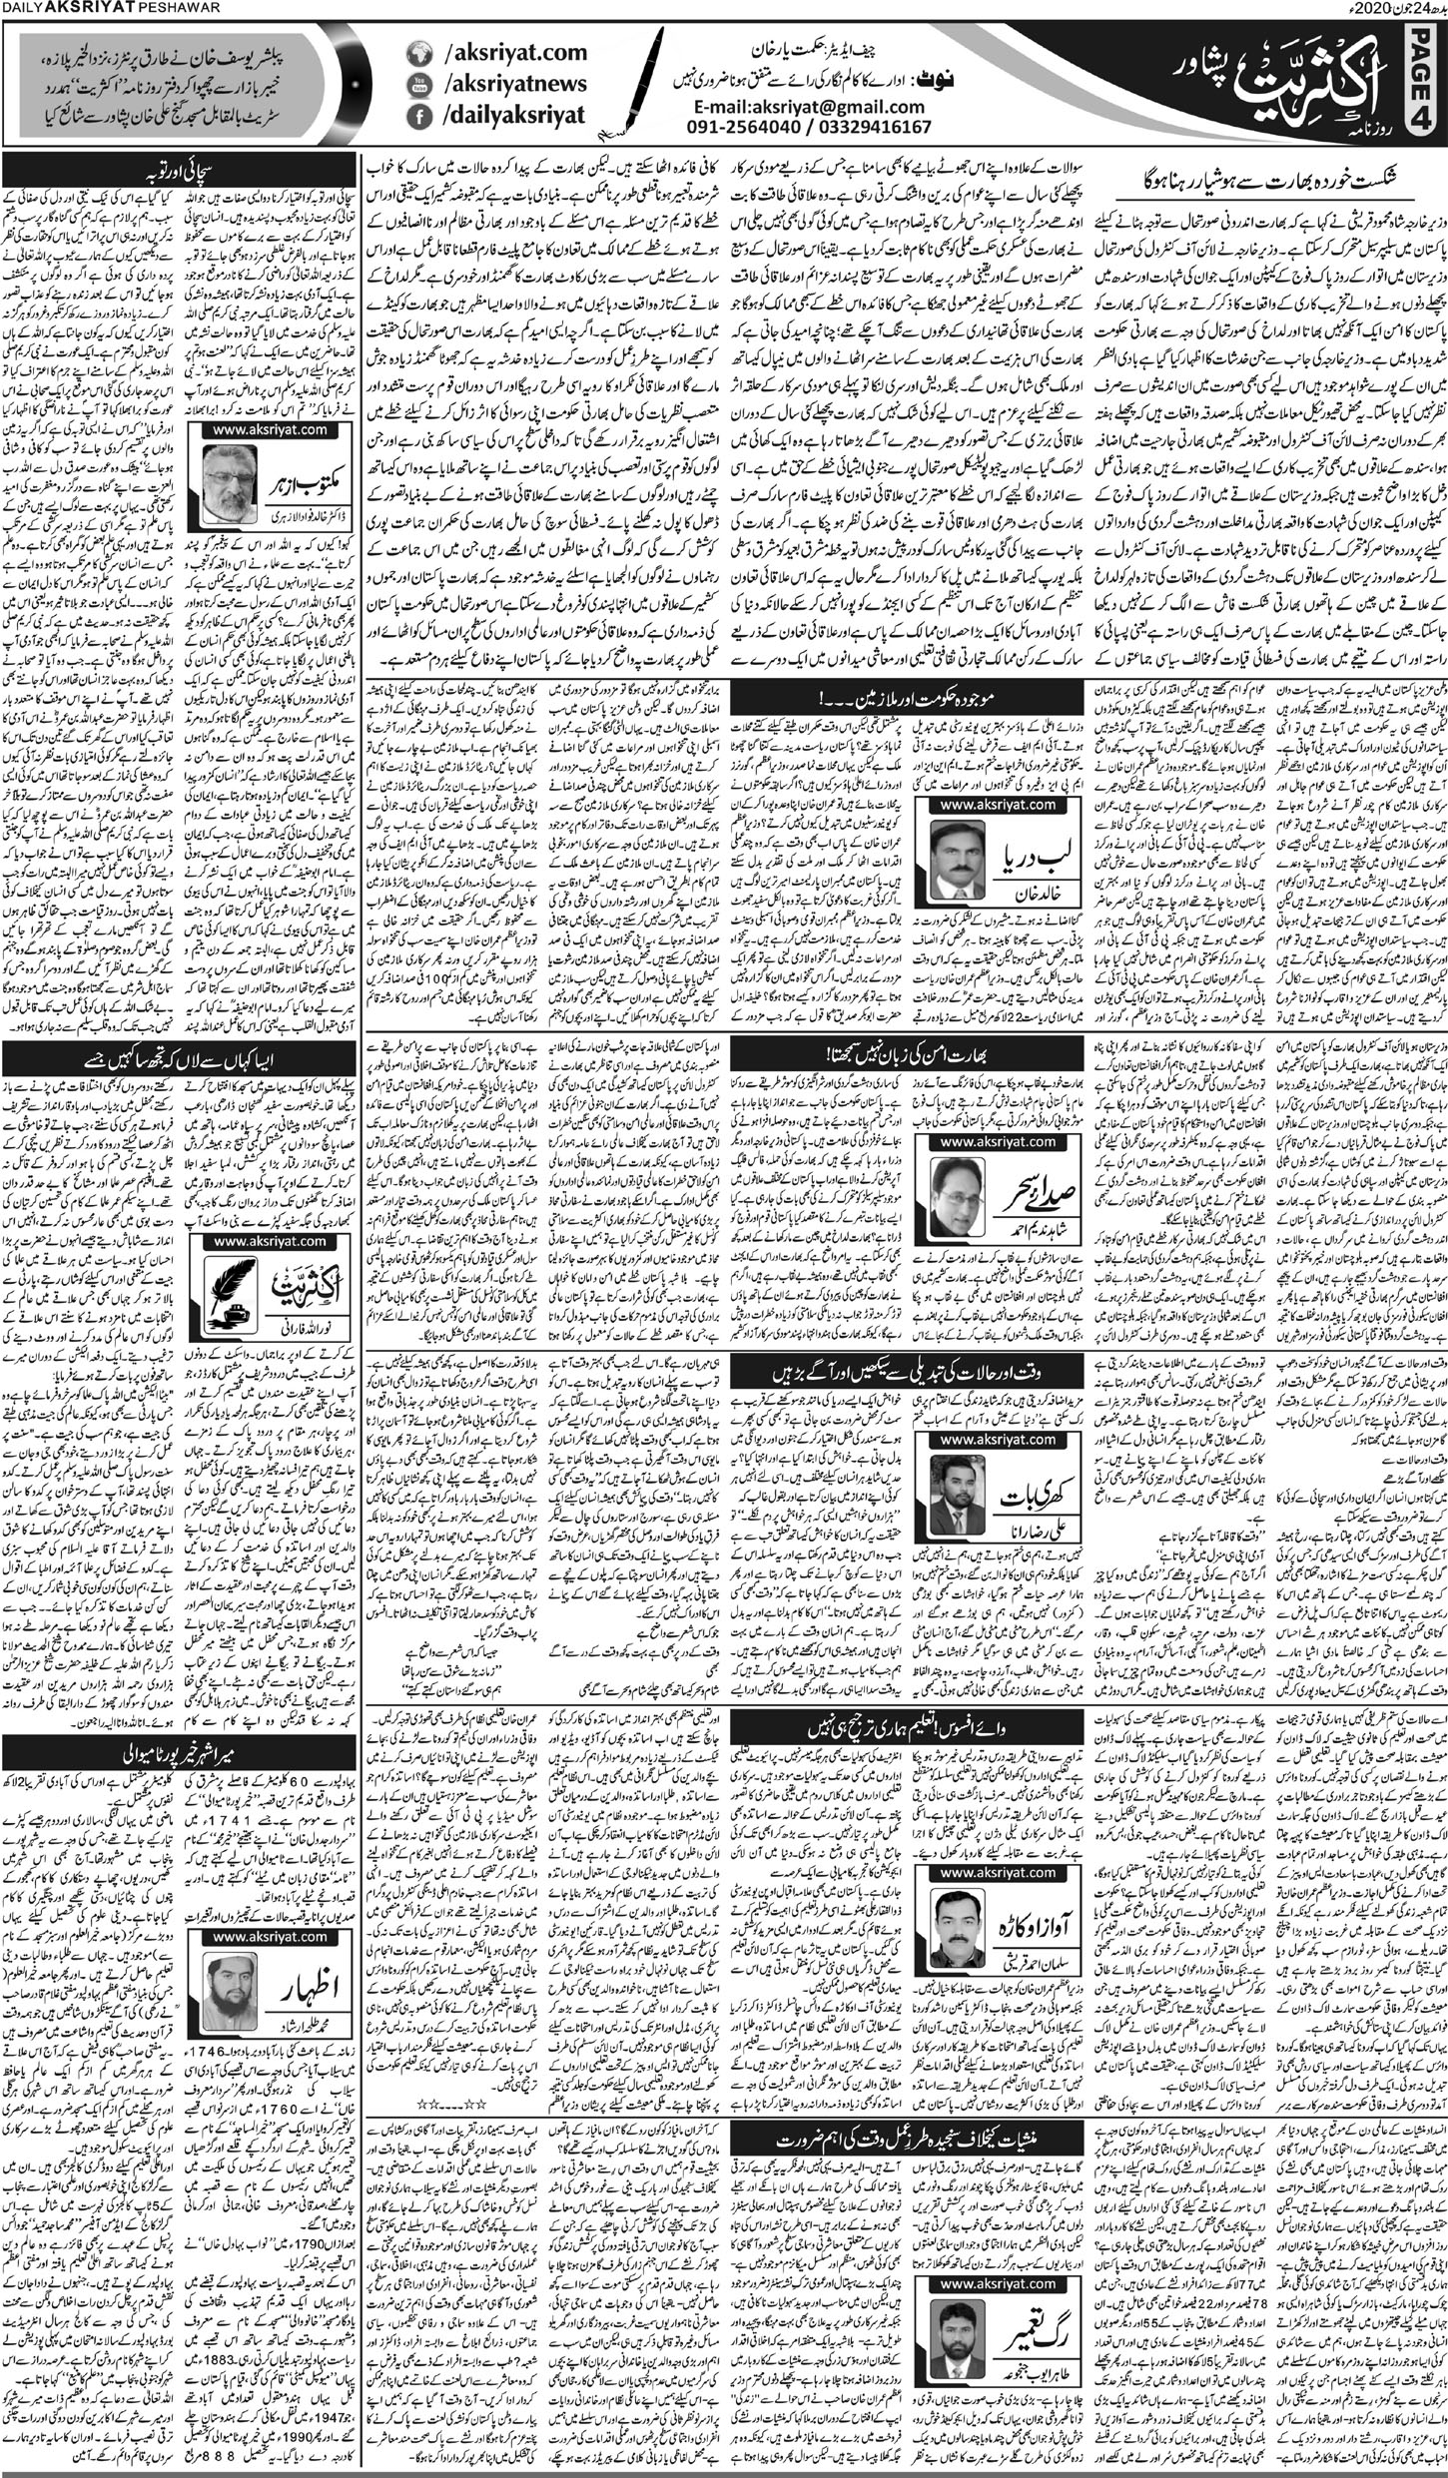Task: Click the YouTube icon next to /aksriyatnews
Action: [419, 86]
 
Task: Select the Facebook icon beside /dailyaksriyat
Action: [419, 116]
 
